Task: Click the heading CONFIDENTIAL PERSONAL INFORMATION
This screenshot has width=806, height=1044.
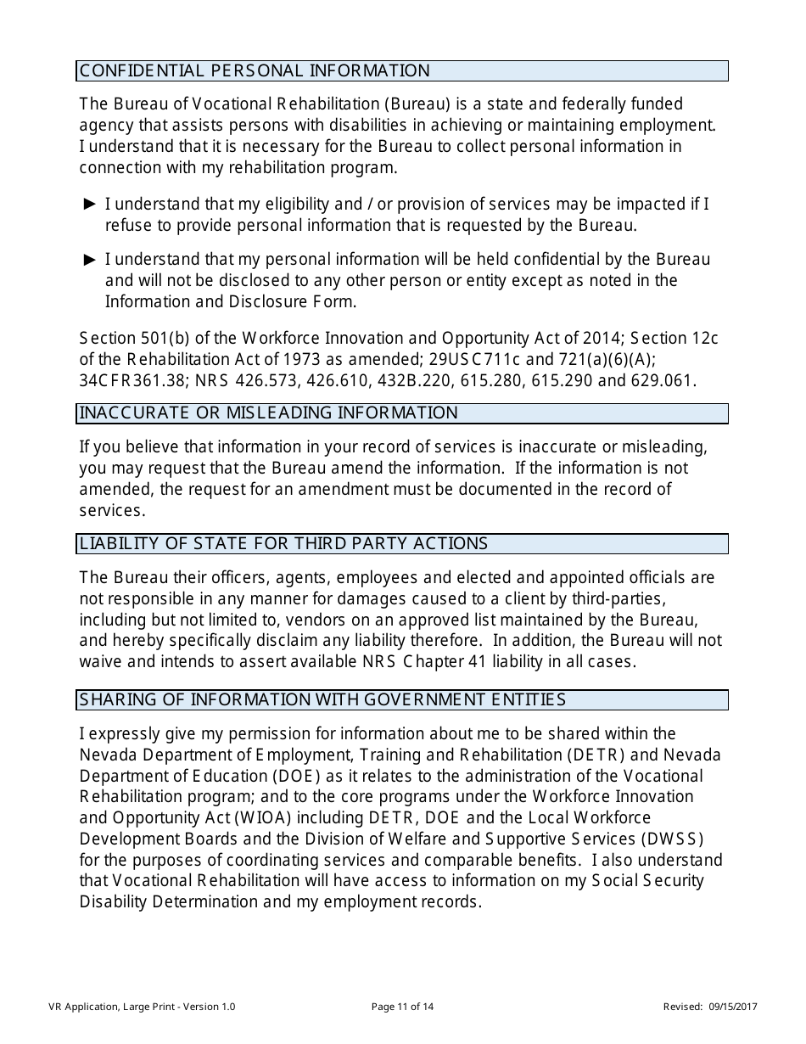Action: click(x=255, y=71)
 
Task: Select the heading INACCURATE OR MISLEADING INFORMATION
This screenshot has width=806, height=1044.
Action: click(x=269, y=413)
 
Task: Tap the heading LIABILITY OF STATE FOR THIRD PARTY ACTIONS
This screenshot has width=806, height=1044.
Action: click(x=284, y=544)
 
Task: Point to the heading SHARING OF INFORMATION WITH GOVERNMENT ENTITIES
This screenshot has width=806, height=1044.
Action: click(x=322, y=700)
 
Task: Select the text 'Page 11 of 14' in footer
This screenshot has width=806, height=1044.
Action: click(x=403, y=1008)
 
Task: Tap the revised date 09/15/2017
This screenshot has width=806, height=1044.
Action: click(x=732, y=1008)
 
